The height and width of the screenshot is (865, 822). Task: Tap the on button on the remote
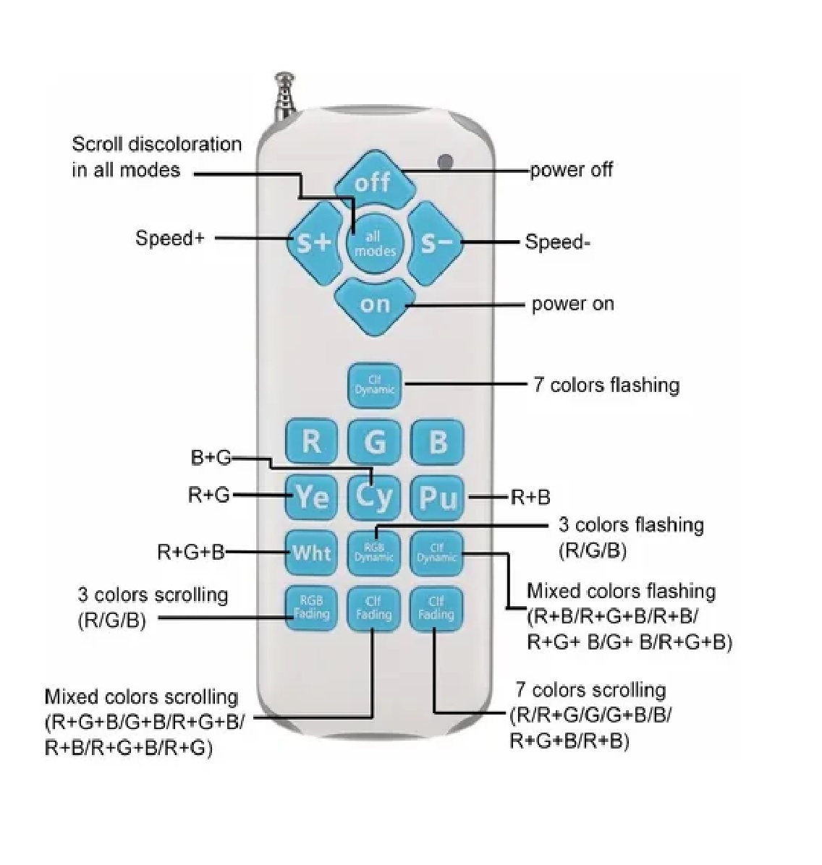coord(374,304)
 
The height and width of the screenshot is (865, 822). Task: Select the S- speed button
coord(436,242)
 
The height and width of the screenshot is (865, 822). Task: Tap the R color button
coord(311,440)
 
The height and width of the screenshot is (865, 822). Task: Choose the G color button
coord(374,440)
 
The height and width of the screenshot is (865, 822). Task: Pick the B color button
coord(437,440)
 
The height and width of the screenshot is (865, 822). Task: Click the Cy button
coord(374,496)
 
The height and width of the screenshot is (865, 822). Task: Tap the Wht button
coord(311,553)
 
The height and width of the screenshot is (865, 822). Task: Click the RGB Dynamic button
coord(374,553)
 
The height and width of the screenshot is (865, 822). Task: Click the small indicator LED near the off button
coord(446,161)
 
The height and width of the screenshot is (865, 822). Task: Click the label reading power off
coord(571,170)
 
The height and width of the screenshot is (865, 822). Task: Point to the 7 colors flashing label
coord(606,384)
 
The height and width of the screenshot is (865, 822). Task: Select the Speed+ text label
coord(170,238)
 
